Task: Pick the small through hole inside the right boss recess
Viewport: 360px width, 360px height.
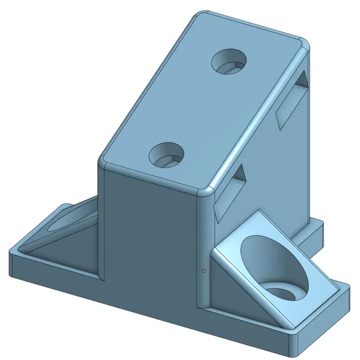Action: point(281,291)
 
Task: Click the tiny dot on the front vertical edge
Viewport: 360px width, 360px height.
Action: point(204,270)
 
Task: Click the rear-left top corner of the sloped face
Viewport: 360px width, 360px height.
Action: point(199,14)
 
